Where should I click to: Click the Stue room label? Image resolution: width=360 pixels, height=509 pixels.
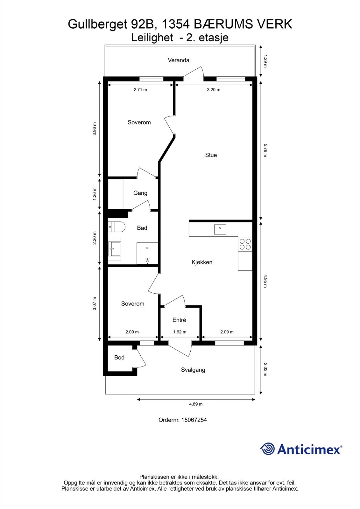(211, 155)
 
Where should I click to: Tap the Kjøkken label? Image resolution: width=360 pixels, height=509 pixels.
(202, 262)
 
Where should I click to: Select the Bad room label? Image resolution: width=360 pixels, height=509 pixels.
(142, 228)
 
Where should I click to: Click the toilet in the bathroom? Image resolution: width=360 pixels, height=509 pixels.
(117, 227)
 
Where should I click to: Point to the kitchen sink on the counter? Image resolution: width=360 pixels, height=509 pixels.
(220, 229)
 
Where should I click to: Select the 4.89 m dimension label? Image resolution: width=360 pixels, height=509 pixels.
(196, 404)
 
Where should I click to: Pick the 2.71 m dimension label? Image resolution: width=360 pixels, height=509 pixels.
(140, 90)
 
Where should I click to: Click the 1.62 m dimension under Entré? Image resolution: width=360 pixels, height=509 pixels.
(180, 332)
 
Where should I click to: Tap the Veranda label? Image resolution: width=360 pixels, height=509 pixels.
(179, 60)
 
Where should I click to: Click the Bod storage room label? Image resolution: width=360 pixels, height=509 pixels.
(119, 358)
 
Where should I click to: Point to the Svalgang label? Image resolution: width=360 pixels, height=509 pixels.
(193, 370)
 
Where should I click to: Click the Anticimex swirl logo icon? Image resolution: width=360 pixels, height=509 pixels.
(267, 449)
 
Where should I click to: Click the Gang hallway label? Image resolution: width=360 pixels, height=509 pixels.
(140, 193)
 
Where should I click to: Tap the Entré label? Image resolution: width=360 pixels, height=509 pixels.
(179, 320)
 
